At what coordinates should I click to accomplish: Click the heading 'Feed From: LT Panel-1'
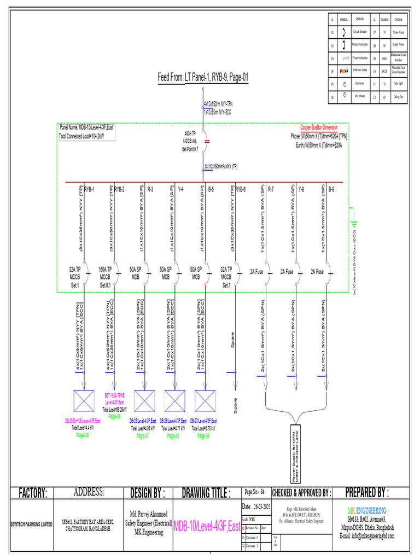pyautogui.click(x=203, y=78)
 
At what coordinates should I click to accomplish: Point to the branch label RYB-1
pyautogui.click(x=89, y=189)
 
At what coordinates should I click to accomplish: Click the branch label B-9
pyautogui.click(x=331, y=189)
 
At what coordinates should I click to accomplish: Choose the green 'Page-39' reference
pyautogui.click(x=203, y=436)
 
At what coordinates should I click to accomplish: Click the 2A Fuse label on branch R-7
pyautogui.click(x=257, y=271)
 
